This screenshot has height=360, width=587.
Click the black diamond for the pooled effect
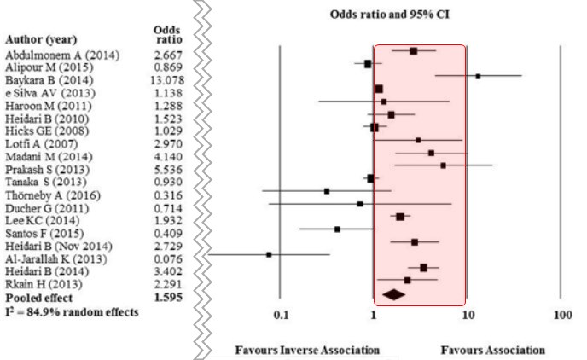point(394,294)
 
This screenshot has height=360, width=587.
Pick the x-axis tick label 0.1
point(281,316)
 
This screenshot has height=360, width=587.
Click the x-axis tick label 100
point(561,316)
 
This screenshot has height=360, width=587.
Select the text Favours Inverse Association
point(307,350)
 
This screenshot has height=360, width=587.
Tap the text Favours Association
point(492,350)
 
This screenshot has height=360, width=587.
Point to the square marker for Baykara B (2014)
point(478,76)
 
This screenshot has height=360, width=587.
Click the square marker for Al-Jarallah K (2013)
point(269,254)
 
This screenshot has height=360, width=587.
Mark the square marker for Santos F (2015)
point(337,229)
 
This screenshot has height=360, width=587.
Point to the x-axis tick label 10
point(468,316)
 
